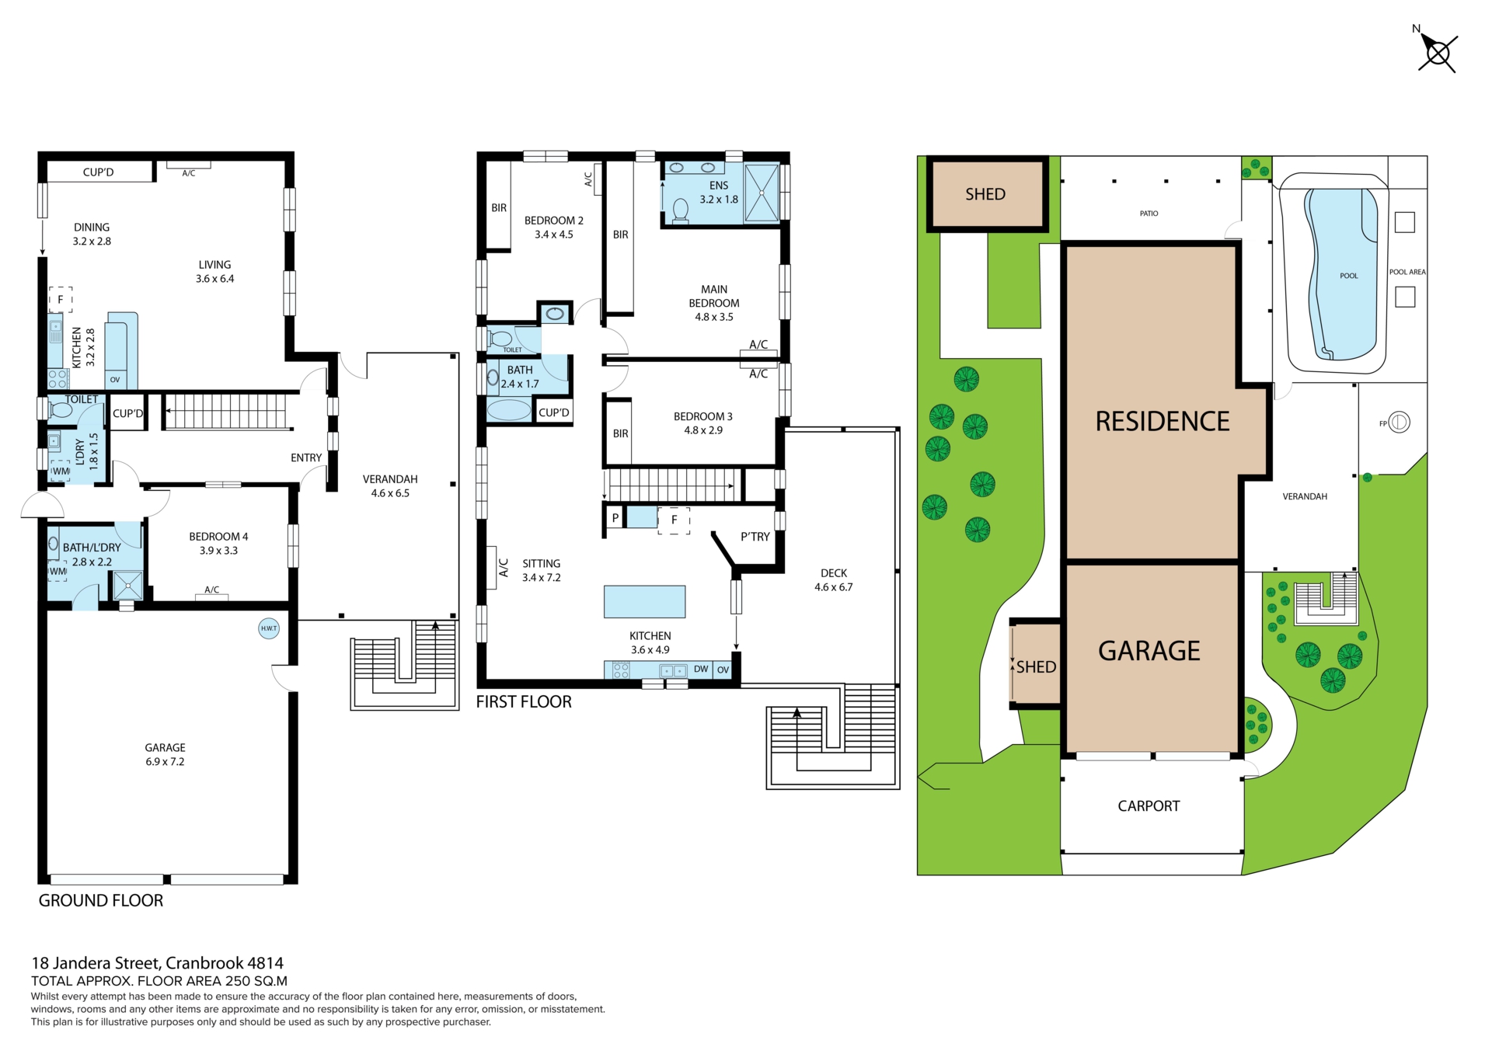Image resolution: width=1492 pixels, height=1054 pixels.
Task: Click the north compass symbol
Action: tap(1438, 53)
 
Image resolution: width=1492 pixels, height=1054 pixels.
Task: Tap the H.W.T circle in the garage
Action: tap(269, 628)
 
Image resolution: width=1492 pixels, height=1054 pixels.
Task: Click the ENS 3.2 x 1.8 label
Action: tap(719, 192)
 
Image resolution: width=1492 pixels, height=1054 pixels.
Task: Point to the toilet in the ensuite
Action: tap(681, 210)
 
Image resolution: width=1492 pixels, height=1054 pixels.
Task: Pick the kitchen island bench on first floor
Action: tap(645, 602)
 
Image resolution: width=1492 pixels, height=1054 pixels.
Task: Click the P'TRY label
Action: tap(755, 537)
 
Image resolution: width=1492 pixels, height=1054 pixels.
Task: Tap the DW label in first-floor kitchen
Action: tap(701, 669)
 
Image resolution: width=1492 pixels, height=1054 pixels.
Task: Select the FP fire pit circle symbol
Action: tap(1399, 423)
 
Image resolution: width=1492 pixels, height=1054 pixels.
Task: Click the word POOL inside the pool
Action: tap(1349, 276)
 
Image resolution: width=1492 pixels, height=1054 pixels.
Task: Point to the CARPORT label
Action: tap(1149, 806)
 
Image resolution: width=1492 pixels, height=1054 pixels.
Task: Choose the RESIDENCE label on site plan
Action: tap(1163, 421)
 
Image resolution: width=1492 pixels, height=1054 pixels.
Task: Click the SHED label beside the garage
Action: tap(1036, 666)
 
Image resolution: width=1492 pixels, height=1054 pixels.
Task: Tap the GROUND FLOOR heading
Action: tap(101, 900)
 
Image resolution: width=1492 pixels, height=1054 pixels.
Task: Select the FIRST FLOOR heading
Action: tap(524, 701)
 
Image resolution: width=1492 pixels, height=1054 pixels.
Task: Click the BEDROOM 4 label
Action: tap(218, 537)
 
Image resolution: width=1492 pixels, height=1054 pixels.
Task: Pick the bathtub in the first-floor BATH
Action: tap(509, 409)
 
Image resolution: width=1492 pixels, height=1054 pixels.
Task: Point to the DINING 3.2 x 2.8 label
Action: tap(92, 234)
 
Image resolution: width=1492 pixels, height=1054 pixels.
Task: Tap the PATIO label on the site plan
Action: tap(1149, 214)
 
